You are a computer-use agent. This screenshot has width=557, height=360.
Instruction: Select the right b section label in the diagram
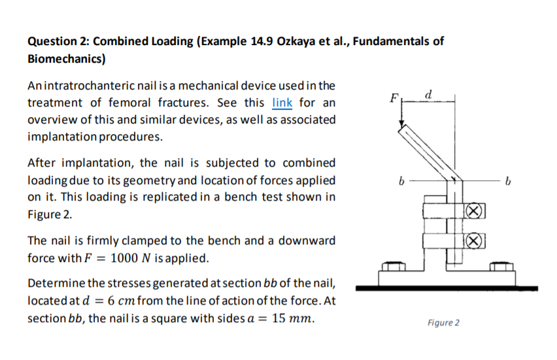pyautogui.click(x=509, y=180)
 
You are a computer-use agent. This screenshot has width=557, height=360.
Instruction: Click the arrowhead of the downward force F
pyautogui.click(x=404, y=131)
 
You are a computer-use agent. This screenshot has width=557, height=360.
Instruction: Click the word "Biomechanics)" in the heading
pyautogui.click(x=66, y=59)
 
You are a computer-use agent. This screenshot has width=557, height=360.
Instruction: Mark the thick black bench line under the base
pyautogui.click(x=447, y=287)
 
